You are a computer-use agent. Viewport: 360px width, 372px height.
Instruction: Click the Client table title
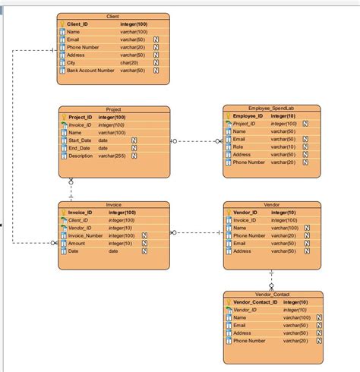point(113,16)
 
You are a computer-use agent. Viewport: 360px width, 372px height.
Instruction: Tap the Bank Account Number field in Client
point(90,71)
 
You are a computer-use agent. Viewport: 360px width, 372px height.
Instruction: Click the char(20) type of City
point(129,62)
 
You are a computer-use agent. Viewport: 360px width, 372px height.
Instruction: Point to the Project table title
point(113,109)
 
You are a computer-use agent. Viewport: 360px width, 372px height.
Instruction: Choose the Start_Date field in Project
point(80,140)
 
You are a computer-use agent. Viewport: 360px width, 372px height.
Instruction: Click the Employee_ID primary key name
point(248,116)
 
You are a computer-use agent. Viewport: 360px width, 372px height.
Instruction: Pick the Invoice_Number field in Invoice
point(85,235)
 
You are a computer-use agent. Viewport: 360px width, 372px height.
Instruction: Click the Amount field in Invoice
point(77,243)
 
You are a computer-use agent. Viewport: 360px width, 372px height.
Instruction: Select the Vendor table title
point(271,205)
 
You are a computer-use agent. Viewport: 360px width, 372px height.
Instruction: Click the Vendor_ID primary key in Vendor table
point(246,213)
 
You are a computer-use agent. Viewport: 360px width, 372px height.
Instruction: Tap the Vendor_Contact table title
point(272,294)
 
